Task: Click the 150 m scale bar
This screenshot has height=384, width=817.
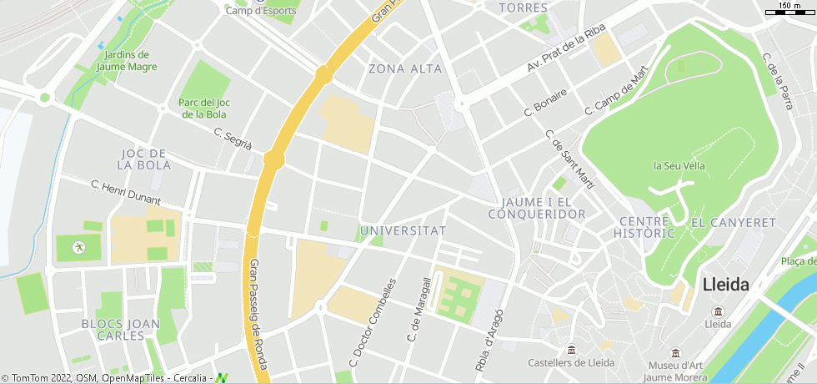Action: coord(789,10)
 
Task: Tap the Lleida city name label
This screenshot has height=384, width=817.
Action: coord(725,284)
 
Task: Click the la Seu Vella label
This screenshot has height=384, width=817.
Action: coord(679,166)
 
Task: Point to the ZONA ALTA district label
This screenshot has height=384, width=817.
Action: coord(405,68)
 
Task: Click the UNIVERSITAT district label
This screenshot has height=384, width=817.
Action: coord(403,230)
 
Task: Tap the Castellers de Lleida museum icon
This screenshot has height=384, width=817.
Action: coord(571,350)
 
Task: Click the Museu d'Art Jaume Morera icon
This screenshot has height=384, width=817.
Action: coord(674,353)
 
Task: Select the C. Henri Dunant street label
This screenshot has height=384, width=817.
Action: coord(125,193)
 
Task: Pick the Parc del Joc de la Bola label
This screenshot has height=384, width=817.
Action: coord(204,109)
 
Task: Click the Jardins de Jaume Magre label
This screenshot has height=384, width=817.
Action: coord(127,60)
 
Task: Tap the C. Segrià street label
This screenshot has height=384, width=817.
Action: coord(233,139)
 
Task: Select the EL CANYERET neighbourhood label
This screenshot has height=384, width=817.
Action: coord(734,224)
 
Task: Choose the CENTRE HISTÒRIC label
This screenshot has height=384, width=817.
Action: coord(644,227)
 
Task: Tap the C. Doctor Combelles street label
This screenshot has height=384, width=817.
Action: coord(372,321)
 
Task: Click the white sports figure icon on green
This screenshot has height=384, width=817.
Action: coord(78,247)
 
